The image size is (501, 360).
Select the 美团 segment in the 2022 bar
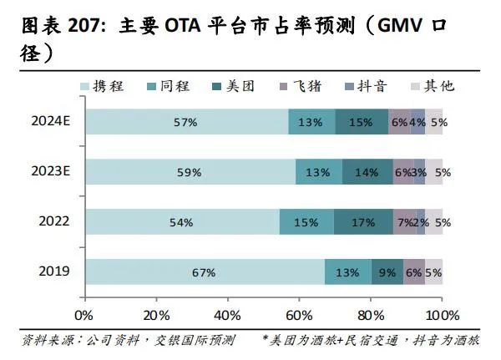363,222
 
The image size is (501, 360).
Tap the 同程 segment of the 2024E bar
311,122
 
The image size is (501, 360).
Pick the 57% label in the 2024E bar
185,123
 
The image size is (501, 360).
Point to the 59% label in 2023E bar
190,173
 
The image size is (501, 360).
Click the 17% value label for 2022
363,223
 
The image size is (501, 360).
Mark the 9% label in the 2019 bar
387,272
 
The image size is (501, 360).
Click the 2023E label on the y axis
51,172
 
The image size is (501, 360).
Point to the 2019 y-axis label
54,272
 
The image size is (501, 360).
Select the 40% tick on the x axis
227,316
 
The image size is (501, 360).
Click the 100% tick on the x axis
443,316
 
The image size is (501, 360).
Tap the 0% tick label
84,316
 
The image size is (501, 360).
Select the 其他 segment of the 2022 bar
434,222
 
